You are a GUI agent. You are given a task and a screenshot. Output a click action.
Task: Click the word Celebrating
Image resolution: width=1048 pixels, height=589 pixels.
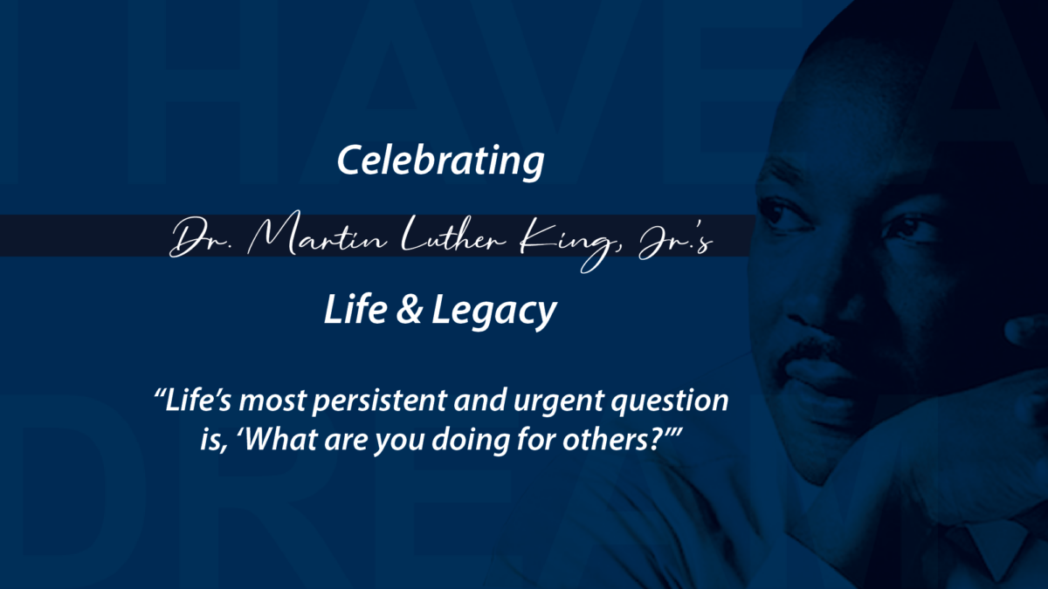pyautogui.click(x=441, y=161)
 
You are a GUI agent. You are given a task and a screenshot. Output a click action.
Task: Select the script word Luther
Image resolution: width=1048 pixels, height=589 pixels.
pyautogui.click(x=454, y=235)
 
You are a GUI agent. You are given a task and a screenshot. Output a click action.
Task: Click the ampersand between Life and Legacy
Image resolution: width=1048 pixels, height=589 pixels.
pyautogui.click(x=410, y=310)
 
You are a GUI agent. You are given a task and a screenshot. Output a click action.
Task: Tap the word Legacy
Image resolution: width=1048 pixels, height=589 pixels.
pyautogui.click(x=494, y=312)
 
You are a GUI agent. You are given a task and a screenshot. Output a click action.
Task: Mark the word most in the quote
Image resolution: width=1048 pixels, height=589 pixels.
pyautogui.click(x=272, y=402)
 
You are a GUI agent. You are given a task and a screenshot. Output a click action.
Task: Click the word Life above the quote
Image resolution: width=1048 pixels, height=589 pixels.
pyautogui.click(x=355, y=309)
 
